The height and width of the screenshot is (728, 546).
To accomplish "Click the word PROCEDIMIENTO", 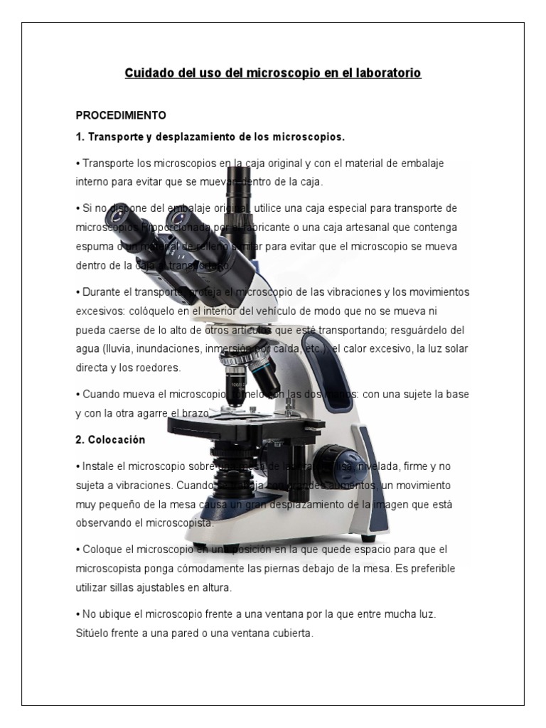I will tap(120, 114).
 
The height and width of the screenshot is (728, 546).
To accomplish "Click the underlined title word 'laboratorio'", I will tap(389, 73).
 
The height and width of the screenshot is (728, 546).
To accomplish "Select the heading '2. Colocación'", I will tap(110, 440).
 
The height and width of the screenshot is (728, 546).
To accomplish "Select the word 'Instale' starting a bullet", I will tap(100, 466).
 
